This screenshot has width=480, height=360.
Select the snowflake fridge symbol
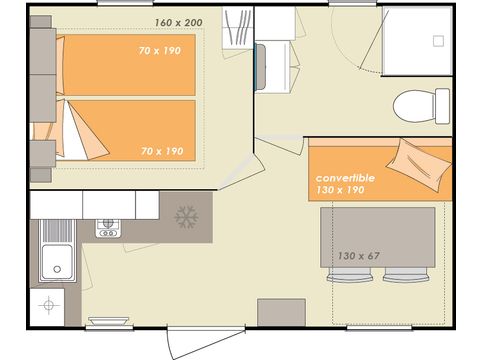(x=185, y=216)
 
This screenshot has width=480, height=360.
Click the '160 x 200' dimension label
(x=179, y=22)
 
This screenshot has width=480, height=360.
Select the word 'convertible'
(x=345, y=178)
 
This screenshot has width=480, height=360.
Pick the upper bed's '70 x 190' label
(x=161, y=50)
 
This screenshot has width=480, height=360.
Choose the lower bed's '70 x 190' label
(x=161, y=150)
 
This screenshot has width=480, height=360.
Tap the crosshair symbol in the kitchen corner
(x=47, y=305)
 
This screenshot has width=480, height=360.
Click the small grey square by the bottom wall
(x=281, y=311)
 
